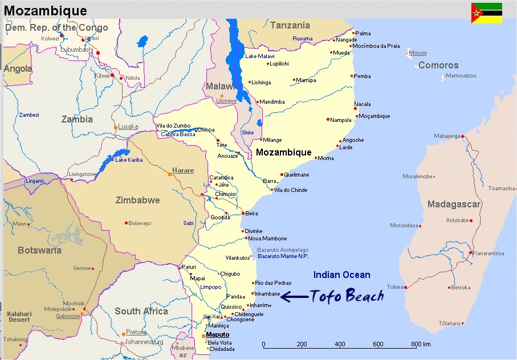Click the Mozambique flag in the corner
(486, 13)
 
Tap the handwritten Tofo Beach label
(347, 296)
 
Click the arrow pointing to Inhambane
(294, 296)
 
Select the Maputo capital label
(218, 334)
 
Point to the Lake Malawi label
(259, 56)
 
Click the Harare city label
(183, 170)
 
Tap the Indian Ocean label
(341, 275)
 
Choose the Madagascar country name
(454, 204)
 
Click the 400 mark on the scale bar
(340, 345)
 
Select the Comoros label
(438, 66)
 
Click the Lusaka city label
(129, 126)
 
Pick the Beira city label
(251, 214)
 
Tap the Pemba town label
(362, 76)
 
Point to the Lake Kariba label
(129, 160)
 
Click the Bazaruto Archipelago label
(283, 250)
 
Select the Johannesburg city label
(144, 342)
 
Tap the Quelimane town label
(296, 175)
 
